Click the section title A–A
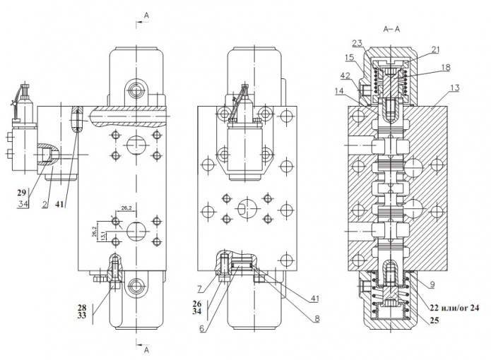[391, 29]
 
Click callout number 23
[357, 43]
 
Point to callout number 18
[446, 67]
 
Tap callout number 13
[454, 88]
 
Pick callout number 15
[350, 58]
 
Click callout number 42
[345, 76]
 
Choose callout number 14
[339, 91]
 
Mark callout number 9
[432, 284]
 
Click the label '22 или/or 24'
[454, 308]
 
